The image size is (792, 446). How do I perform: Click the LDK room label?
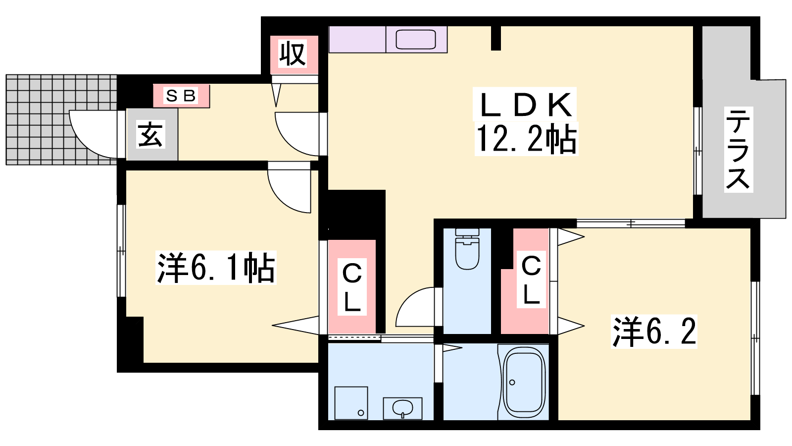(526, 105)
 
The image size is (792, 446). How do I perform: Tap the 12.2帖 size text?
(527, 139)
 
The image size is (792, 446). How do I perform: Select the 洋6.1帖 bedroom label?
(216, 268)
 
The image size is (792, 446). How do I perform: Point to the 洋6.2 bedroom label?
(654, 332)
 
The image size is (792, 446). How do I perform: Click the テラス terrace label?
(738, 149)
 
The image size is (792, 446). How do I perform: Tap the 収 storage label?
(293, 54)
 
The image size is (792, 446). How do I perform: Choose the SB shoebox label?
(181, 96)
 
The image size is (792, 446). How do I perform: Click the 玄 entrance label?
(151, 134)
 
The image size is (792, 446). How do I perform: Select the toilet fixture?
(467, 249)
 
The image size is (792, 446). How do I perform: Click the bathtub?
(524, 382)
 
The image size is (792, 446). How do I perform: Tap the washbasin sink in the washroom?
(403, 408)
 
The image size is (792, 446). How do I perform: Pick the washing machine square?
(351, 403)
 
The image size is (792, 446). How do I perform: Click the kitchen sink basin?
(415, 39)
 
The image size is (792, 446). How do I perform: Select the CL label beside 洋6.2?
(531, 279)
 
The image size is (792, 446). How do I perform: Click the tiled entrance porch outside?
(61, 119)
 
